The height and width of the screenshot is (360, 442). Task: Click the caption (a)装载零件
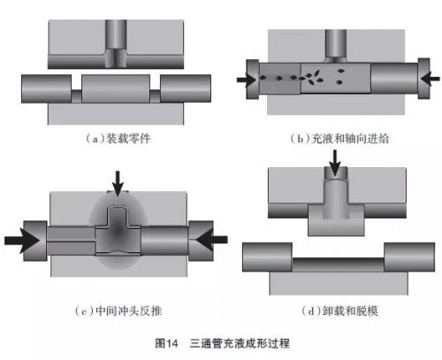pyautogui.click(x=118, y=138)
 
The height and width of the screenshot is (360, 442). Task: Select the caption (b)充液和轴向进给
pyautogui.click(x=339, y=138)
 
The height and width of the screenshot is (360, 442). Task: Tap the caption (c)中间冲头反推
pyautogui.click(x=118, y=310)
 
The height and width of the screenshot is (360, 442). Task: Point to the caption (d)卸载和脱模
pyautogui.click(x=339, y=310)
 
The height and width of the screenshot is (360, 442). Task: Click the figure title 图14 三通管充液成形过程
pyautogui.click(x=223, y=343)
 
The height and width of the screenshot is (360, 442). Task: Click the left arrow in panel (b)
pyautogui.click(x=246, y=80)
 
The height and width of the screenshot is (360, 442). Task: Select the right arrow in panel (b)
pyautogui.click(x=431, y=79)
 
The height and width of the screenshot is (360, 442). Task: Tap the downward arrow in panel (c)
pyautogui.click(x=118, y=183)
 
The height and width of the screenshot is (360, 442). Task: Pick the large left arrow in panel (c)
pyautogui.click(x=22, y=241)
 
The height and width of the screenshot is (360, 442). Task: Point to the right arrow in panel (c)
pyautogui.click(x=211, y=240)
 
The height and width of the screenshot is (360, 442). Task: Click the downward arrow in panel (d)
pyautogui.click(x=335, y=163)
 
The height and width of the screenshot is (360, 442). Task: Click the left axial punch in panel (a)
pyautogui.click(x=46, y=88)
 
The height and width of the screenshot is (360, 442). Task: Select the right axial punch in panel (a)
pyautogui.click(x=186, y=88)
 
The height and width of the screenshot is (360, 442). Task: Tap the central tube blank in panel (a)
pyautogui.click(x=116, y=88)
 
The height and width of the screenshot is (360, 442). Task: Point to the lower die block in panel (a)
pyautogui.click(x=116, y=113)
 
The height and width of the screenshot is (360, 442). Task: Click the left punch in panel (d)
pyautogui.click(x=267, y=257)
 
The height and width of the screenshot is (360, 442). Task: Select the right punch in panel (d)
pyautogui.click(x=409, y=257)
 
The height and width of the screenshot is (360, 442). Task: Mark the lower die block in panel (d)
pyautogui.click(x=339, y=283)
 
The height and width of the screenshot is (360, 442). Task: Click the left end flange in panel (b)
pyautogui.click(x=253, y=79)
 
